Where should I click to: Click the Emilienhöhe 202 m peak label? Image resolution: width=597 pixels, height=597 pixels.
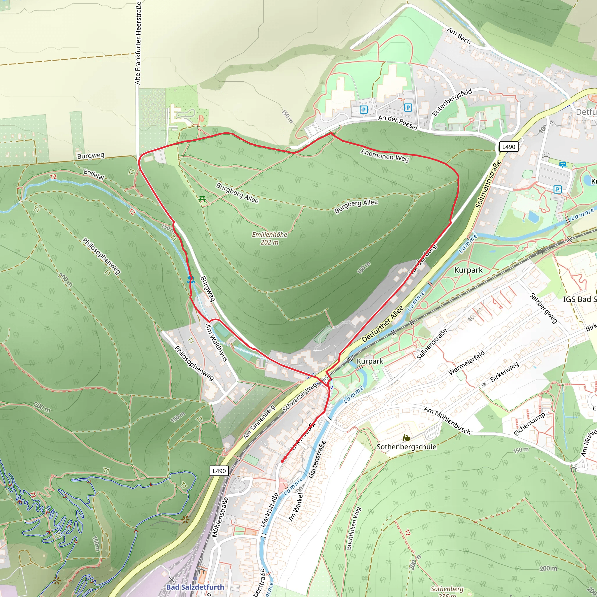(269, 238)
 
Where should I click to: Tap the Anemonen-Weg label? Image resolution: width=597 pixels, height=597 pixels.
(385, 155)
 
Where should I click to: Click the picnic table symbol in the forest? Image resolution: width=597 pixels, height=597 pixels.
(202, 199)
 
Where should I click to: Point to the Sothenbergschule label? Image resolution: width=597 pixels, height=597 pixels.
(406, 447)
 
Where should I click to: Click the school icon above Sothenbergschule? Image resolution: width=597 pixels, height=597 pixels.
(406, 438)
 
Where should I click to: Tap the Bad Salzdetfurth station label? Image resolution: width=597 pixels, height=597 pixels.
(195, 587)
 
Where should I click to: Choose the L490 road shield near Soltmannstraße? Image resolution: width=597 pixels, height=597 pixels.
(509, 147)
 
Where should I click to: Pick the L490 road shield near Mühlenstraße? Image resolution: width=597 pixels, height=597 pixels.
(220, 471)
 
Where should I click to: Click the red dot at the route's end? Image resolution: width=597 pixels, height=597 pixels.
(282, 461)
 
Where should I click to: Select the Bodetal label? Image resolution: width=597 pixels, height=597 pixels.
(94, 175)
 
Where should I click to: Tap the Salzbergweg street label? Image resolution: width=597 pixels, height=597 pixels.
(544, 308)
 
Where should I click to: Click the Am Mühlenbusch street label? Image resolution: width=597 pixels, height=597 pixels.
(447, 421)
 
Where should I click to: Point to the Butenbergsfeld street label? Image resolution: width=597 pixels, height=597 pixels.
(452, 102)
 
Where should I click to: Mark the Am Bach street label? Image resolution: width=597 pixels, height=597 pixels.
(459, 36)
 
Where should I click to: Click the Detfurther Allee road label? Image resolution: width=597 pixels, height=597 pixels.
(383, 324)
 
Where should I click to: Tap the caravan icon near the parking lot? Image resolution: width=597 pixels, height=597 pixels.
(563, 165)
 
